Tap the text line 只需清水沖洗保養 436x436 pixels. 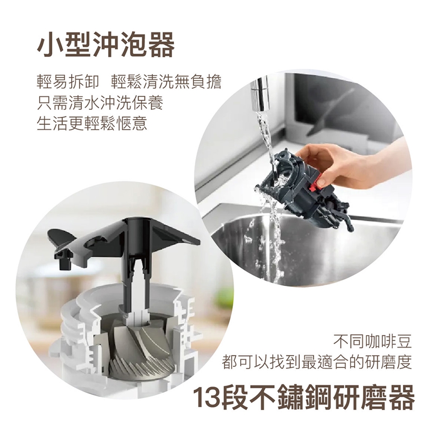pos(100,103)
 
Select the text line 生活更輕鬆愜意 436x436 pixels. pos(92,123)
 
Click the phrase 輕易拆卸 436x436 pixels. pos(68,83)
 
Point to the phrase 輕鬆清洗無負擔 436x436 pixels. pos(166,83)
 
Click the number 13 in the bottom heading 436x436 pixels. pos(207,396)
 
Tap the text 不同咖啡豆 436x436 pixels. pos(372,342)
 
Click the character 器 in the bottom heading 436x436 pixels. pos(400,396)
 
